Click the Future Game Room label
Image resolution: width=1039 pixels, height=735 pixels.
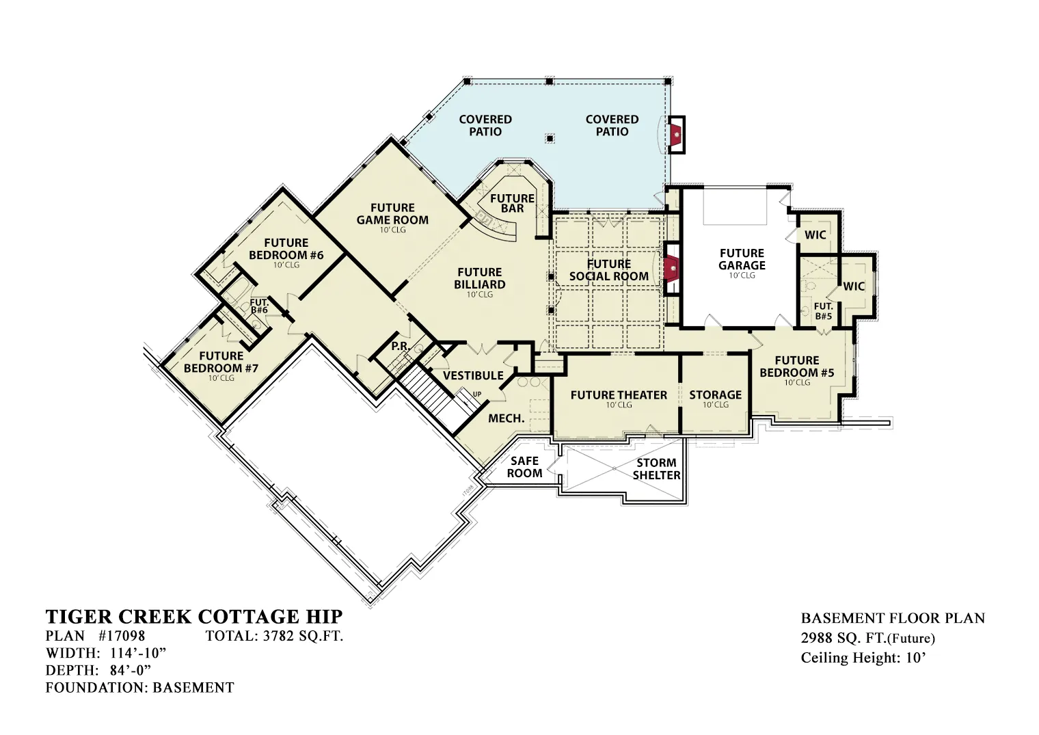pyautogui.click(x=392, y=214)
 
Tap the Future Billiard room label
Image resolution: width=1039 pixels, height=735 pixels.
pyautogui.click(x=480, y=278)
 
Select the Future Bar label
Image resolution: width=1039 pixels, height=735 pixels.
pyautogui.click(x=512, y=203)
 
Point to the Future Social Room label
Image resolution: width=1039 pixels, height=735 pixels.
pyautogui.click(x=608, y=270)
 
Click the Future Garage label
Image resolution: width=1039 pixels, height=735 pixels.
pyautogui.click(x=742, y=259)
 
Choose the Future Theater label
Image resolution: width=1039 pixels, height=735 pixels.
pyautogui.click(x=619, y=395)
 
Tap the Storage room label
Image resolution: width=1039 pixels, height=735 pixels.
pyautogui.click(x=715, y=395)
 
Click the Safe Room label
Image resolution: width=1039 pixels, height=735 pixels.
pyautogui.click(x=524, y=467)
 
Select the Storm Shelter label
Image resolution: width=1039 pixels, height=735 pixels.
pyautogui.click(x=656, y=469)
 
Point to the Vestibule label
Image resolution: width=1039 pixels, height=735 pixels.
pyautogui.click(x=473, y=375)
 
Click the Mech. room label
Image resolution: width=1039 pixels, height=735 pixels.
pyautogui.click(x=506, y=418)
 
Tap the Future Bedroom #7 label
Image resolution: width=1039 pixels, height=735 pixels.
pyautogui.click(x=221, y=362)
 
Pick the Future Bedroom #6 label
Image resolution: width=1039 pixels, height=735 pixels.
pyautogui.click(x=286, y=249)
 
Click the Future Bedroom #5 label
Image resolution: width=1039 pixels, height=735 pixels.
pyautogui.click(x=797, y=366)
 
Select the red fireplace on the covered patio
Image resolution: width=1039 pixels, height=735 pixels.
pyautogui.click(x=676, y=135)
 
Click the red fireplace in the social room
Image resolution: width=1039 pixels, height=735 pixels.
pyautogui.click(x=672, y=269)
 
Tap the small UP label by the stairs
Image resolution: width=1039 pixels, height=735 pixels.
pyautogui.click(x=477, y=395)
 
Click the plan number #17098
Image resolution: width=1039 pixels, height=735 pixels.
pyautogui.click(x=122, y=636)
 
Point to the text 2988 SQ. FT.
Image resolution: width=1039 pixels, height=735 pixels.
pyautogui.click(x=844, y=639)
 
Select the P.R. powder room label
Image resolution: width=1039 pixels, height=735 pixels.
pyautogui.click(x=400, y=347)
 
